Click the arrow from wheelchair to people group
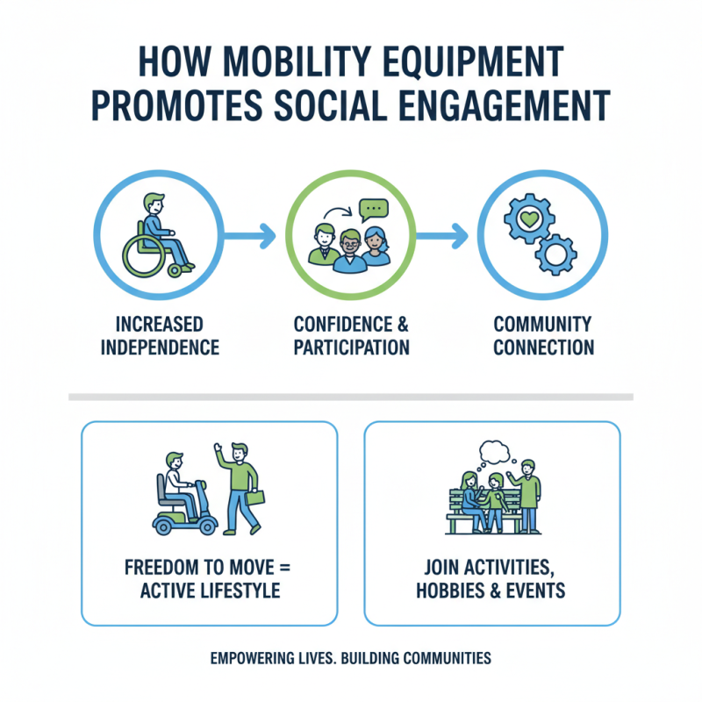click(x=253, y=236)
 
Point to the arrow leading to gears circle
click(x=443, y=236)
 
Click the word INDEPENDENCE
click(x=160, y=347)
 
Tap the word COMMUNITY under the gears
click(x=542, y=324)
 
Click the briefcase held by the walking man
click(x=255, y=497)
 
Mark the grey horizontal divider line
click(x=351, y=397)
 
